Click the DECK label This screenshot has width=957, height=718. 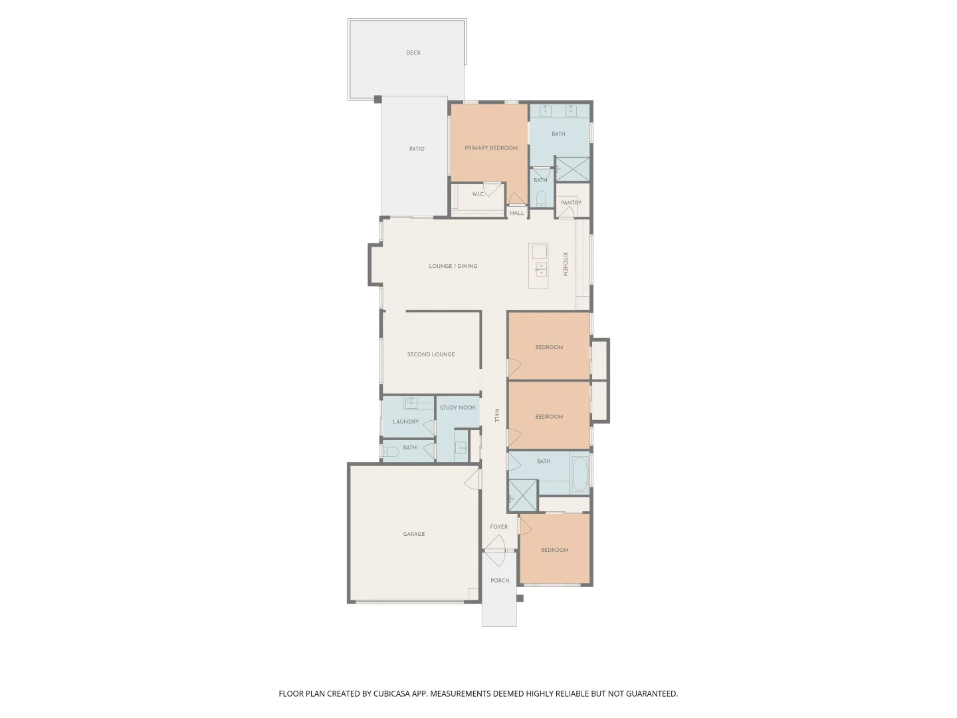coord(413,53)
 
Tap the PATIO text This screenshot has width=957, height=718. coord(417,149)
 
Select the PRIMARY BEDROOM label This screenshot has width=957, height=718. coord(491,148)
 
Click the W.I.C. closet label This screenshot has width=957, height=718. coord(478,194)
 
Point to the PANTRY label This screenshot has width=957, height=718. coord(571,203)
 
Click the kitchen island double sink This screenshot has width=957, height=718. coord(541,269)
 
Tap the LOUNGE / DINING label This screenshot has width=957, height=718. coord(453,266)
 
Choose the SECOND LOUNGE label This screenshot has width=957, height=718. coord(431,354)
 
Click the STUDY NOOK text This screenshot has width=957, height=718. coord(458,408)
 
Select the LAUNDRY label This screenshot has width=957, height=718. coord(406,421)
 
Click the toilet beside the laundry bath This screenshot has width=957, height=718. coord(390,452)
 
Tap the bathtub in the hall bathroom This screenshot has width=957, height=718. coord(580,473)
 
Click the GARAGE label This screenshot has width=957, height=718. coord(413,534)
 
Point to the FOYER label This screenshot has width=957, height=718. coord(499,527)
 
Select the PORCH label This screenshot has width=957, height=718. coord(500,580)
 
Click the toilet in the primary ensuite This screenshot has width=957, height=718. coord(540,199)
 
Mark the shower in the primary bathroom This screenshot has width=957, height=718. coord(573,169)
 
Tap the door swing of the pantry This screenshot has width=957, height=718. coord(566,212)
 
